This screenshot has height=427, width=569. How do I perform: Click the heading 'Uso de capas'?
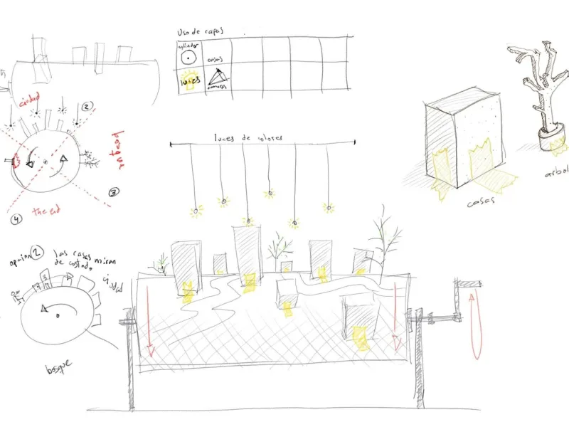(x=199, y=33)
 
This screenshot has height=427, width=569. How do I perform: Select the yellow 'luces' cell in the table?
(x=190, y=80)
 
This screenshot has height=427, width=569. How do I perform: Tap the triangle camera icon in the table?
(x=218, y=80)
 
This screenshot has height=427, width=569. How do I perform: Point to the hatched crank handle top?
(x=467, y=285)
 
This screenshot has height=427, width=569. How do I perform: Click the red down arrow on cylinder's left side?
(x=149, y=327)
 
